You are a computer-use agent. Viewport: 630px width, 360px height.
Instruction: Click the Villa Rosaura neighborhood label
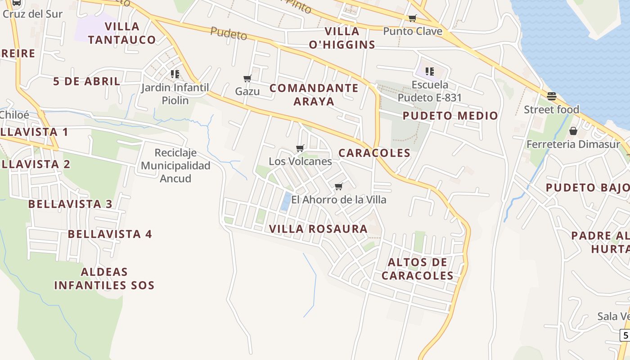pyautogui.click(x=318, y=229)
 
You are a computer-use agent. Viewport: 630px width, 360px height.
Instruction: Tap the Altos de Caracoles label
pyautogui.click(x=417, y=269)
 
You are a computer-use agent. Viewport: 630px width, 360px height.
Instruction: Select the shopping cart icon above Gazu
pyautogui.click(x=247, y=79)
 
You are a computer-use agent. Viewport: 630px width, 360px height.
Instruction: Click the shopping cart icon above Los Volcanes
pyautogui.click(x=300, y=148)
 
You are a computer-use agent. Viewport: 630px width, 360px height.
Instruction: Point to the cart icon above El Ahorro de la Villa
pyautogui.click(x=339, y=186)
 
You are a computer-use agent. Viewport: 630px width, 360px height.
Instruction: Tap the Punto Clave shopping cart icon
pyautogui.click(x=412, y=18)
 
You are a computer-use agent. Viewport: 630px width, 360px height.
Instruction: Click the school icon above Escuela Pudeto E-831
pyautogui.click(x=430, y=71)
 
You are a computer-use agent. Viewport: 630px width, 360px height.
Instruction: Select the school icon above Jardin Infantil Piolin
pyautogui.click(x=175, y=74)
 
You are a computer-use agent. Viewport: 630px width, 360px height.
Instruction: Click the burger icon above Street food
pyautogui.click(x=551, y=96)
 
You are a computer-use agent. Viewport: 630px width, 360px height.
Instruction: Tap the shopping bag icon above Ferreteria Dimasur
pyautogui.click(x=573, y=131)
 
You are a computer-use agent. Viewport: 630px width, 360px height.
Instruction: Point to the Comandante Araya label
pyautogui.click(x=314, y=94)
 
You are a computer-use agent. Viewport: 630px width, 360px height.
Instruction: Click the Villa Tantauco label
pyautogui.click(x=122, y=33)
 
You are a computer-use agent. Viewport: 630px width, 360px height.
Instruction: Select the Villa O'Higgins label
pyautogui.click(x=350, y=38)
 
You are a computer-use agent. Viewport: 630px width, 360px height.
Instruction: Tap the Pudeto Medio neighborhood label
pyautogui.click(x=450, y=116)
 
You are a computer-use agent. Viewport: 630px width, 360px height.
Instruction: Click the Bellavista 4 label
pyautogui.click(x=110, y=234)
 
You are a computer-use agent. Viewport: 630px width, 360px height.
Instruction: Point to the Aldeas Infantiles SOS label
pyautogui.click(x=104, y=279)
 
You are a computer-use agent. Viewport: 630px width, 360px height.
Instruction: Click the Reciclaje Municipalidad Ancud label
pyautogui.click(x=175, y=166)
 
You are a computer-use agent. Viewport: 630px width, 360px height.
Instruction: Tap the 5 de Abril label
pyautogui.click(x=87, y=81)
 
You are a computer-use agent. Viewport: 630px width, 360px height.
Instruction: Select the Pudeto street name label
pyautogui.click(x=229, y=33)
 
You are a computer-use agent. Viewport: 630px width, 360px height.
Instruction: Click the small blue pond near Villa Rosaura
pyautogui.click(x=285, y=201)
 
